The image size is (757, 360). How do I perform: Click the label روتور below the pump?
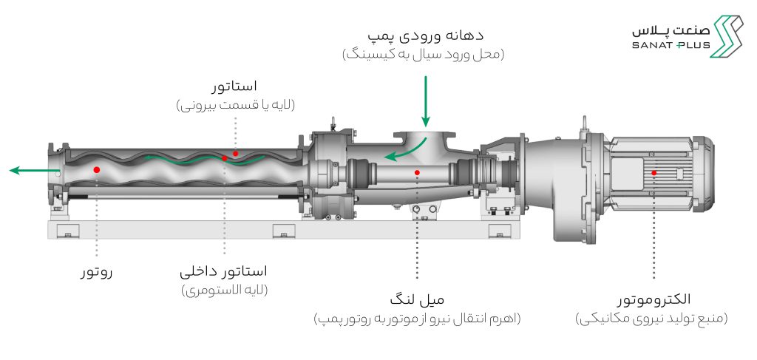tap(96, 273)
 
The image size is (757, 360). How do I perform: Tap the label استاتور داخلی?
tap(223, 272)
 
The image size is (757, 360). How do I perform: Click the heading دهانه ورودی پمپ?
tap(425, 36)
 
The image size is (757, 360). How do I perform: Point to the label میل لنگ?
tap(417, 299)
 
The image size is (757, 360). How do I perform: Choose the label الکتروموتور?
tap(654, 299)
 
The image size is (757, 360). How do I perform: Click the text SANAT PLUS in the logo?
tap(671, 45)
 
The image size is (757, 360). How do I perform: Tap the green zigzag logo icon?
tap(726, 36)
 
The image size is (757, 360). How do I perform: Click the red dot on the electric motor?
tap(654, 173)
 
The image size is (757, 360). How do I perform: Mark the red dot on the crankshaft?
tap(417, 172)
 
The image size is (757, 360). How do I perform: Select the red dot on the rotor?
tap(97, 170)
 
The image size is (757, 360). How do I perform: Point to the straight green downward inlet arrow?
tap(425, 101)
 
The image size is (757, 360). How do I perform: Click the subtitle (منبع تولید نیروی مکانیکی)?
tap(652, 319)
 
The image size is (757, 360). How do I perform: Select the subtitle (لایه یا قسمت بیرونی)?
tap(235, 105)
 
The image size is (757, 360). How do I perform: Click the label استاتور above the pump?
tap(234, 87)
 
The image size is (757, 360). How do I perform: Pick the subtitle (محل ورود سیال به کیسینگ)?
tap(424, 55)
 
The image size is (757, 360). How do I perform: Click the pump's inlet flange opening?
tap(425, 133)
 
